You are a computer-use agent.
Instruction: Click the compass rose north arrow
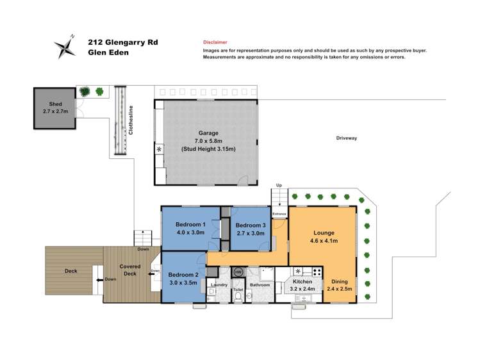tap(65, 47)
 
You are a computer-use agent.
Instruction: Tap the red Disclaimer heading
tap(215, 42)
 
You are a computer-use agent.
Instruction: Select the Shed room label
tap(55, 104)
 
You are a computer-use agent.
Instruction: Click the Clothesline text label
tap(131, 120)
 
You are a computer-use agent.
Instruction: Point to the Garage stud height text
tap(208, 149)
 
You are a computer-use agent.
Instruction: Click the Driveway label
tap(347, 138)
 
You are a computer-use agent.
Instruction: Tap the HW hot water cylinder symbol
tap(238, 272)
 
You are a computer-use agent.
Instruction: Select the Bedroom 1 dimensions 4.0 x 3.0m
tap(190, 233)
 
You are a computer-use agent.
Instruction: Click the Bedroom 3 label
tap(251, 225)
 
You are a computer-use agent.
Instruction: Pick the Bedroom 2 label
tap(183, 275)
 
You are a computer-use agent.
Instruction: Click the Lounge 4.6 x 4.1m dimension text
tap(324, 241)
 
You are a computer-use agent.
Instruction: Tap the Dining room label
tap(340, 281)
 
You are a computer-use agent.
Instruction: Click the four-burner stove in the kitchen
tap(317, 272)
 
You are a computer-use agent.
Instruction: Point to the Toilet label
tap(238, 290)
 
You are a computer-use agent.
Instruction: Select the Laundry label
tap(219, 285)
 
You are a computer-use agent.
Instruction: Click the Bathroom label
tap(260, 285)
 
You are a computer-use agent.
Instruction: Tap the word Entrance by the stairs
tap(279, 214)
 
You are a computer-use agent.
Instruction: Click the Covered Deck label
tap(130, 270)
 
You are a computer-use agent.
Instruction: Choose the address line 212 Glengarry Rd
tap(123, 42)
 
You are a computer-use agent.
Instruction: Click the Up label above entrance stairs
tap(279, 185)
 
